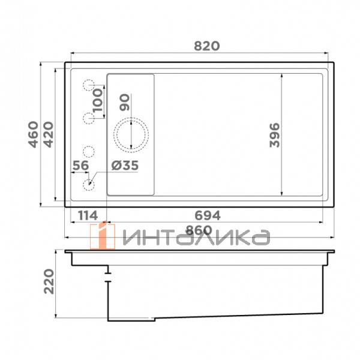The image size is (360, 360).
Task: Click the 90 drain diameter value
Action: pos(125,103)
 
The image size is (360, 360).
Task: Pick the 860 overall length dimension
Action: pos(197,230)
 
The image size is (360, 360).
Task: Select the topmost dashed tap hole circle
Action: pos(89,86)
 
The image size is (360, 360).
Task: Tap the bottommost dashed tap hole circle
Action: pos(89,184)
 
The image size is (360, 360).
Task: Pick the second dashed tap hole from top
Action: pos(89,118)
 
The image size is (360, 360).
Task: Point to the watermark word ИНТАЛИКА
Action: pos(195,238)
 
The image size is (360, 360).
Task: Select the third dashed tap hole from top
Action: pos(89,151)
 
